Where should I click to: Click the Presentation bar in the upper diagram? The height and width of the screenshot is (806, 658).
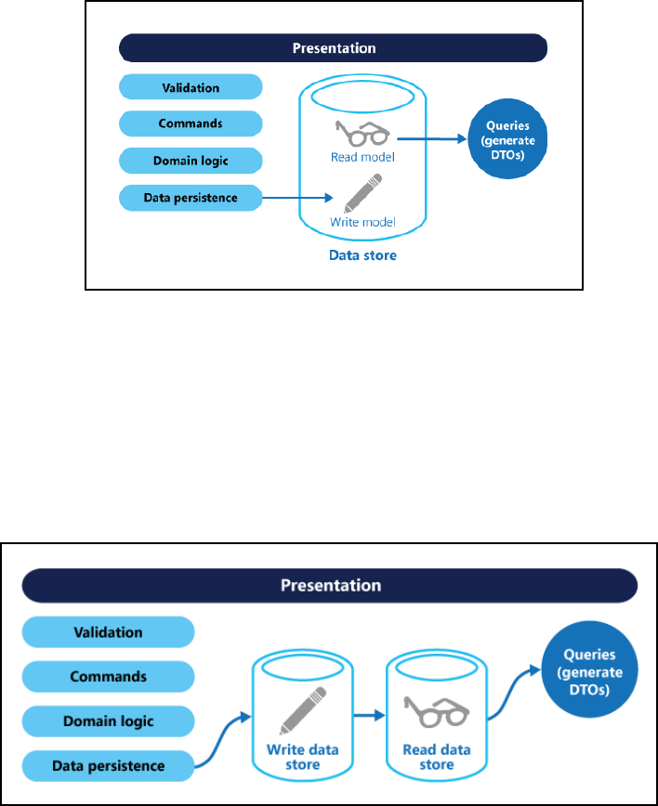334,47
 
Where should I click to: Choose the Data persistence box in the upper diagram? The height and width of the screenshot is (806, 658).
190,197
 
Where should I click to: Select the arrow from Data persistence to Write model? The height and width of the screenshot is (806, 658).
296,197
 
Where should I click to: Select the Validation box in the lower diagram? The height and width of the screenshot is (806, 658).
107,633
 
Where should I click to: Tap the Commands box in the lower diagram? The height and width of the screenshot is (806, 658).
107,677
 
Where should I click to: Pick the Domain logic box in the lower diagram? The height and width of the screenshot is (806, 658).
107,721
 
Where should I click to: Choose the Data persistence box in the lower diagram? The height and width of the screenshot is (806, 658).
107,766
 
